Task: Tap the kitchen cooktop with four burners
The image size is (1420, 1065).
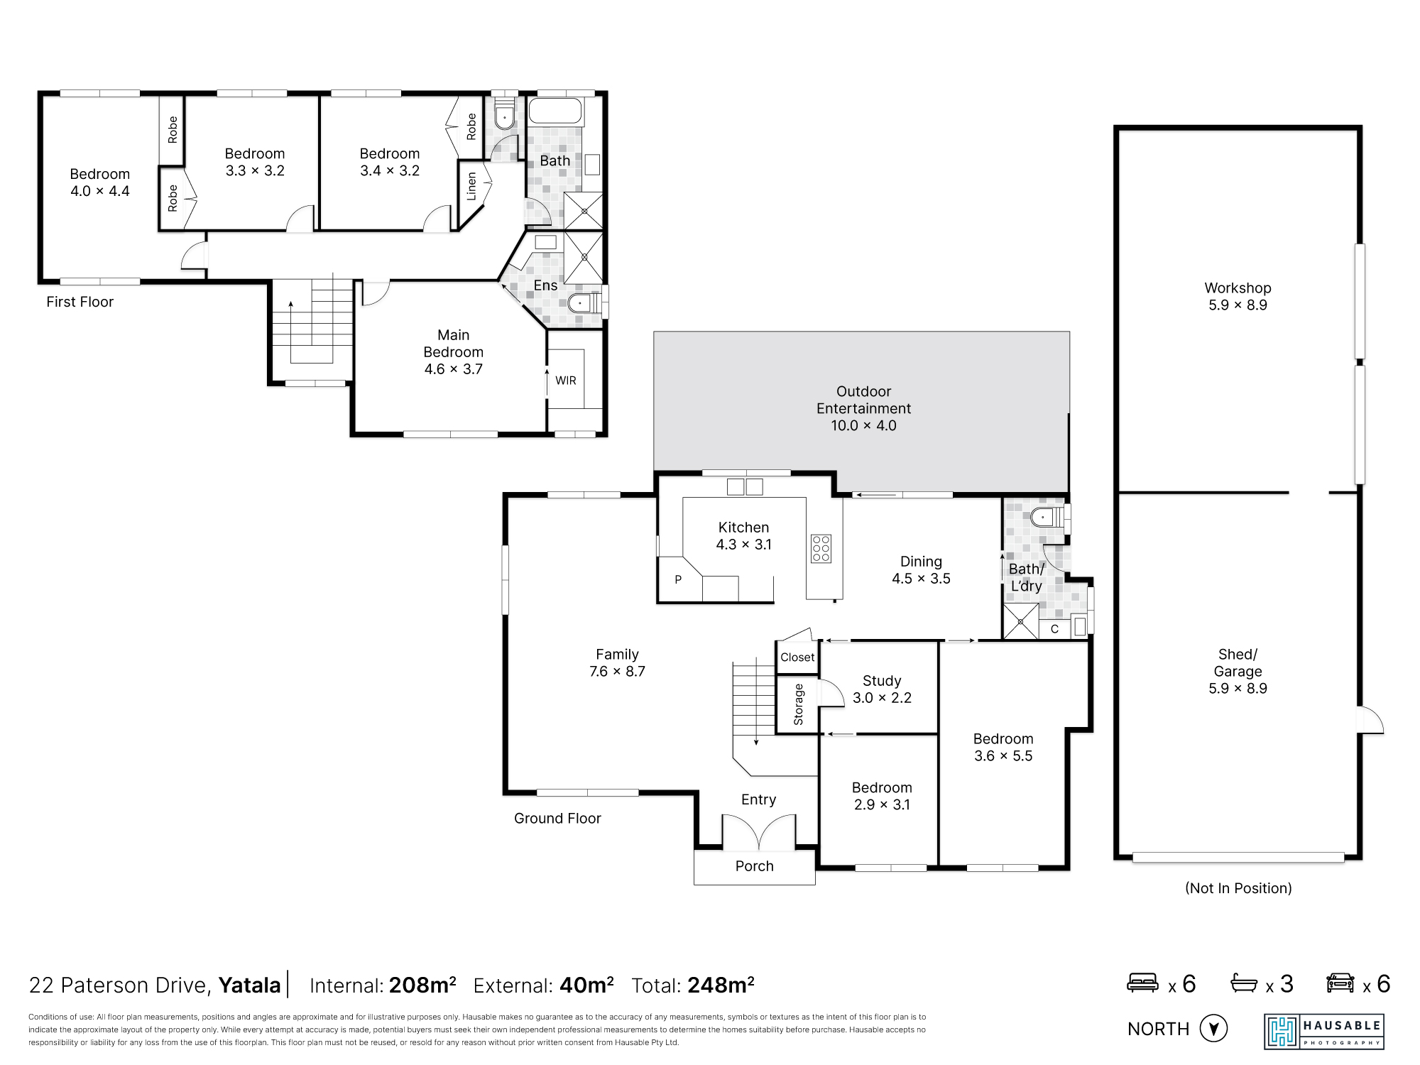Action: pyautogui.click(x=821, y=549)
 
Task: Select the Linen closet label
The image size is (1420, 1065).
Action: pyautogui.click(x=471, y=186)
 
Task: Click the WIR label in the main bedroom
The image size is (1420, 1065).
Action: pyautogui.click(x=566, y=381)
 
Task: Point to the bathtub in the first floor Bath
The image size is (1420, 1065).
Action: pyautogui.click(x=556, y=111)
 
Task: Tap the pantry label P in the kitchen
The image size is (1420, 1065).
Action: pyautogui.click(x=678, y=579)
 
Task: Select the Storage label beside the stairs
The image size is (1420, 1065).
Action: pyautogui.click(x=798, y=704)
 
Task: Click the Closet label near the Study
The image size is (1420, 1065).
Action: pyautogui.click(x=797, y=657)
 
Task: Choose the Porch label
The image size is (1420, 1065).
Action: pyautogui.click(x=754, y=866)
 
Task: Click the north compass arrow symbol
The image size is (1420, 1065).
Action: pyautogui.click(x=1213, y=1028)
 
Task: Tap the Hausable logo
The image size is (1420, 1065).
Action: pyautogui.click(x=1324, y=1032)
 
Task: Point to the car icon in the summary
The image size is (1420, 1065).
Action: pyautogui.click(x=1340, y=983)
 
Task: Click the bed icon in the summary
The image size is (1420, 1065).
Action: pyautogui.click(x=1143, y=983)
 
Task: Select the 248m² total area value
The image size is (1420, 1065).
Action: pyautogui.click(x=721, y=985)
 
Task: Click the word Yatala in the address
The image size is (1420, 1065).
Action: pyautogui.click(x=249, y=985)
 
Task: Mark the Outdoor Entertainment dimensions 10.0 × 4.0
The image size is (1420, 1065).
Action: pyautogui.click(x=863, y=425)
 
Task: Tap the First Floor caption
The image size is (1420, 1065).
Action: pyautogui.click(x=80, y=302)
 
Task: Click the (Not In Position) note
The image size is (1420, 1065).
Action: pyautogui.click(x=1238, y=888)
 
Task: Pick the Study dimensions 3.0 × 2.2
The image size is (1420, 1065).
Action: pyautogui.click(x=882, y=698)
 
